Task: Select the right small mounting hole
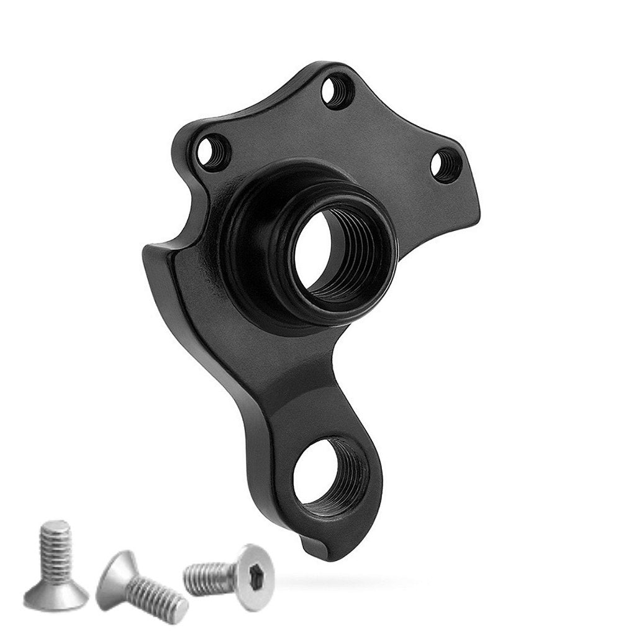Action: (x=445, y=165)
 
